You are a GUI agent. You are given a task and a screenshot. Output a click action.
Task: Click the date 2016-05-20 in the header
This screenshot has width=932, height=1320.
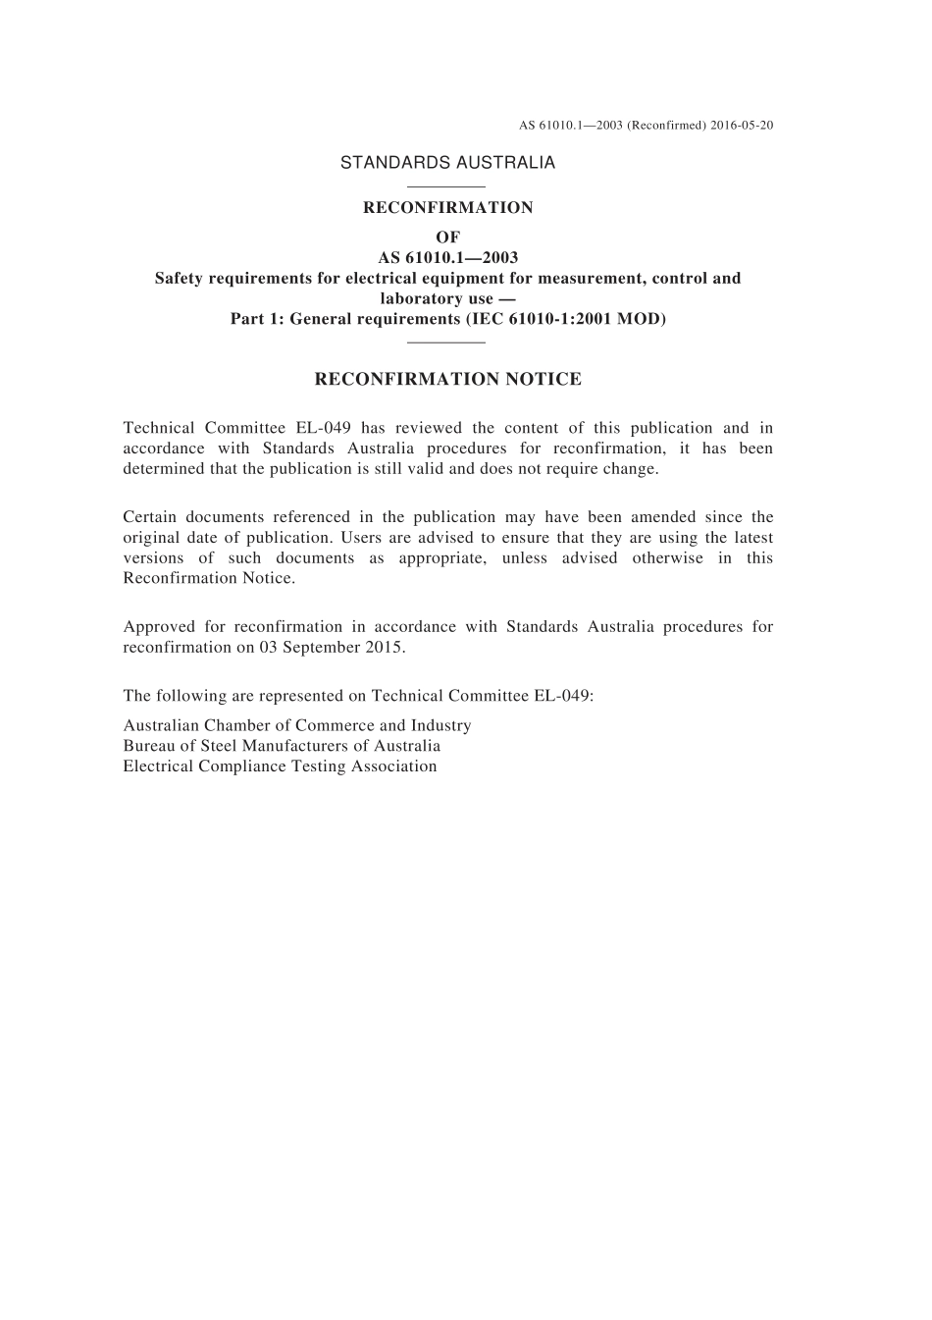pos(742,126)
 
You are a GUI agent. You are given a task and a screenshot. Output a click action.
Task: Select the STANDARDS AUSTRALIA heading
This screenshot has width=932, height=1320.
pos(447,163)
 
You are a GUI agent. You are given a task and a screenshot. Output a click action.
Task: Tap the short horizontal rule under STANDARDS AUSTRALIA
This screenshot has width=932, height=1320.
pos(446,186)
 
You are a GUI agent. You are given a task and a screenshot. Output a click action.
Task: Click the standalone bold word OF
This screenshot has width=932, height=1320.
pos(447,238)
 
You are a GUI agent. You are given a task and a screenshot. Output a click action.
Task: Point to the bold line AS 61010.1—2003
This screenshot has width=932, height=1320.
pos(447,258)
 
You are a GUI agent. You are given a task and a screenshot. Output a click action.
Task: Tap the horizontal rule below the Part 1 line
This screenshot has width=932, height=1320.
pos(446,343)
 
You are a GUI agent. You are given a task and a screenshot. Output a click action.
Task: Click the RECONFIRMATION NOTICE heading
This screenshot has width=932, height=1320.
pos(447,380)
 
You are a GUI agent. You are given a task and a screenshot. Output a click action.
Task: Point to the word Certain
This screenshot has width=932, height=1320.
pos(148,517)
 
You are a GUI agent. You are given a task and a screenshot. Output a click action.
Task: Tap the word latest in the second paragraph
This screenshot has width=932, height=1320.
pos(753,538)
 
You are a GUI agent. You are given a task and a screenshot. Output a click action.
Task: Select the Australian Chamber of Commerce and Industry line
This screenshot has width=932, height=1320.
pos(296,726)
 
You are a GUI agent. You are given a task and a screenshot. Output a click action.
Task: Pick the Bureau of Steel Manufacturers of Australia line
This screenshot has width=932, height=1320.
pos(282,746)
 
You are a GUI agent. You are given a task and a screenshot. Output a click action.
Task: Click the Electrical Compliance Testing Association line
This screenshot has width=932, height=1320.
pos(280,766)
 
